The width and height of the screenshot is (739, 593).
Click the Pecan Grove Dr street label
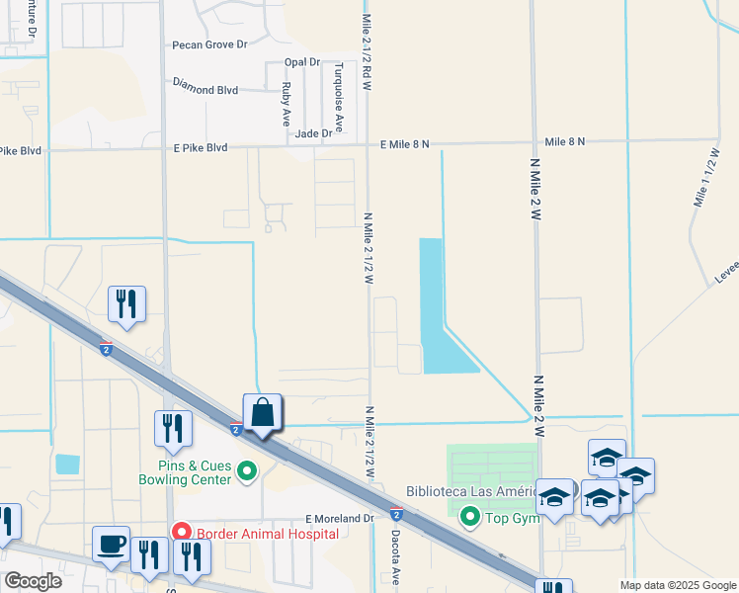[209, 44]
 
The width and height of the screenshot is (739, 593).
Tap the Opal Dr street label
[301, 62]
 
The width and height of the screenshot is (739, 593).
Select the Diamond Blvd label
[205, 89]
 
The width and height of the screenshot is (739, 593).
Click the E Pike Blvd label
[201, 148]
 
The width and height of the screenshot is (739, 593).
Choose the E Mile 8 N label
[405, 144]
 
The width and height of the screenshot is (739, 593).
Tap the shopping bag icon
[263, 412]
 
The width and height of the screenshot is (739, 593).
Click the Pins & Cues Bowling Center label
[193, 472]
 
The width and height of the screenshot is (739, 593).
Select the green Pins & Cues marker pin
[247, 472]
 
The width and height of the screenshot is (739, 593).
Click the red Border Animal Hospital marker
[183, 532]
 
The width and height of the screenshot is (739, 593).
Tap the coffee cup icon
[111, 544]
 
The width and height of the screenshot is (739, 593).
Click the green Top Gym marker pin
[470, 516]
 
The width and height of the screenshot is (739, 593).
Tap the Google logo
[33, 581]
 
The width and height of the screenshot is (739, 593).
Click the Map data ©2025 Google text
[678, 585]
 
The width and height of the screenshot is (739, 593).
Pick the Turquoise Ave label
[338, 97]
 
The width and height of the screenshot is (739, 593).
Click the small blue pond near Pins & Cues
[67, 464]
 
